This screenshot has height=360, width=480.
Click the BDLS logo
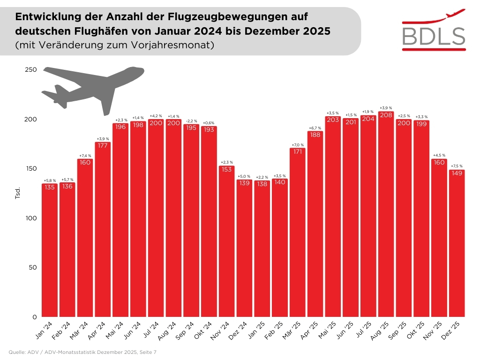tap(434, 30)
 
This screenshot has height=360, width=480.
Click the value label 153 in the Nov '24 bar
tap(226, 170)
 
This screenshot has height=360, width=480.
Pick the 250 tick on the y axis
tap(30, 70)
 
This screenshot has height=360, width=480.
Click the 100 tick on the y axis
tap(30, 218)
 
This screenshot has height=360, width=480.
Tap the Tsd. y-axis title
tap(18, 194)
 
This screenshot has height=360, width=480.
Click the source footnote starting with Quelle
tap(82, 352)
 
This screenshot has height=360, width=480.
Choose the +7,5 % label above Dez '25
tap(457, 166)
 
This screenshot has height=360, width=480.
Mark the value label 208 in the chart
tap(386, 115)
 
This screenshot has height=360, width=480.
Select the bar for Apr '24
tap(103, 229)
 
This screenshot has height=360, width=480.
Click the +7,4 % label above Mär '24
tap(85, 156)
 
